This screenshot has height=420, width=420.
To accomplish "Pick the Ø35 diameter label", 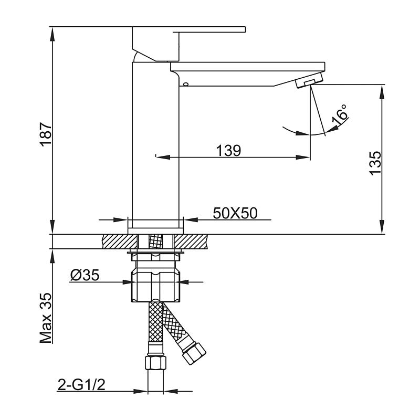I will coord(85,275).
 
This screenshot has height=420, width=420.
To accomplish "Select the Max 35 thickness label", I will coord(46,319).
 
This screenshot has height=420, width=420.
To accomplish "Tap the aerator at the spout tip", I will coord(309,81).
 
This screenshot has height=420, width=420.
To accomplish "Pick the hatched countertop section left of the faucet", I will coord(117,241).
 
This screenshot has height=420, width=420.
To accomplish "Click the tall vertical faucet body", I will coord(155,147).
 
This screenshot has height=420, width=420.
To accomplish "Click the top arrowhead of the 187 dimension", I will coord(53,31).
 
